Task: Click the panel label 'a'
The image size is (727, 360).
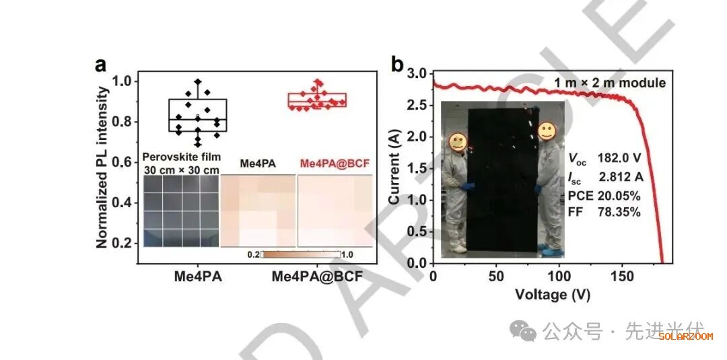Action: click(101, 65)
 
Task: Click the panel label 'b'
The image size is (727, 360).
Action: click(397, 65)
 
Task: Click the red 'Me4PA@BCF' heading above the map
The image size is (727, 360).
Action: click(335, 164)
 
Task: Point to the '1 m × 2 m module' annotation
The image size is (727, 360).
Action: click(610, 83)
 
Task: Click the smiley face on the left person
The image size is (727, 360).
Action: click(458, 141)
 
